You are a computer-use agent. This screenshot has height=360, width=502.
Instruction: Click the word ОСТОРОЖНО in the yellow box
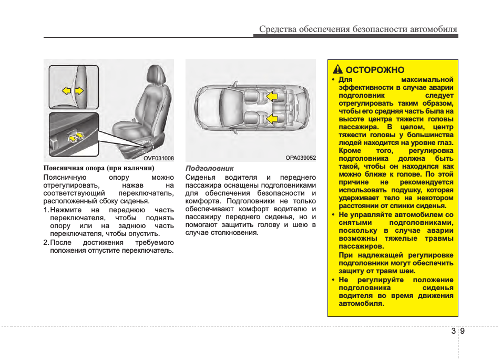(x=375, y=70)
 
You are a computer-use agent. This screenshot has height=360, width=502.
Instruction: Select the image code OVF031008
(x=159, y=158)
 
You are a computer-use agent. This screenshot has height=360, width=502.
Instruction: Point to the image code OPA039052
(x=301, y=158)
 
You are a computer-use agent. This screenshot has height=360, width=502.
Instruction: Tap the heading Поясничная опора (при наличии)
(x=99, y=168)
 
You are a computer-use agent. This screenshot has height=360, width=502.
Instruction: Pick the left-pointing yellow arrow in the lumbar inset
(x=66, y=91)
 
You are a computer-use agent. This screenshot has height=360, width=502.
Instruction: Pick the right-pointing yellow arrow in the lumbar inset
(x=79, y=91)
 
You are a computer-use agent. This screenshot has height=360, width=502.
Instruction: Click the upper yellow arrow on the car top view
(x=271, y=96)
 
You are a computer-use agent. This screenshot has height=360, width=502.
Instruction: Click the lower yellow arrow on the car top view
(x=271, y=119)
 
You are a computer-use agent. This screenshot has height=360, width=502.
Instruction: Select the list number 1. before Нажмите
(x=46, y=210)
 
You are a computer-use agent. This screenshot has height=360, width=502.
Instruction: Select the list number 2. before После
(x=46, y=242)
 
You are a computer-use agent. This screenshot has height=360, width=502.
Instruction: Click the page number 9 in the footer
(x=463, y=331)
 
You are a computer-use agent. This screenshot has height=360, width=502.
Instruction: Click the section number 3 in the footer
(x=453, y=331)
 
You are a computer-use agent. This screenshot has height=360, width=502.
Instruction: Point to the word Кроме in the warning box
(x=350, y=151)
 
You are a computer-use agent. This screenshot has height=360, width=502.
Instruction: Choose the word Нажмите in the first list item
(x=65, y=210)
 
